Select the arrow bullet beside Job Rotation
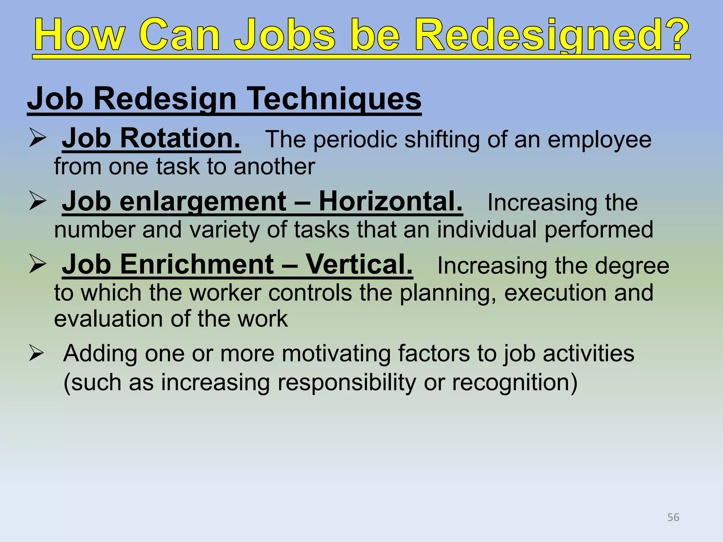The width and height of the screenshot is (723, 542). click(37, 138)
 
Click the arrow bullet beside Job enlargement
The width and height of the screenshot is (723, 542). click(37, 201)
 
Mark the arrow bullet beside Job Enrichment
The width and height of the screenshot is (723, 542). click(37, 265)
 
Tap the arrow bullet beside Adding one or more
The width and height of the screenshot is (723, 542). click(37, 353)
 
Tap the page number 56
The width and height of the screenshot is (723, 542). click(673, 517)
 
